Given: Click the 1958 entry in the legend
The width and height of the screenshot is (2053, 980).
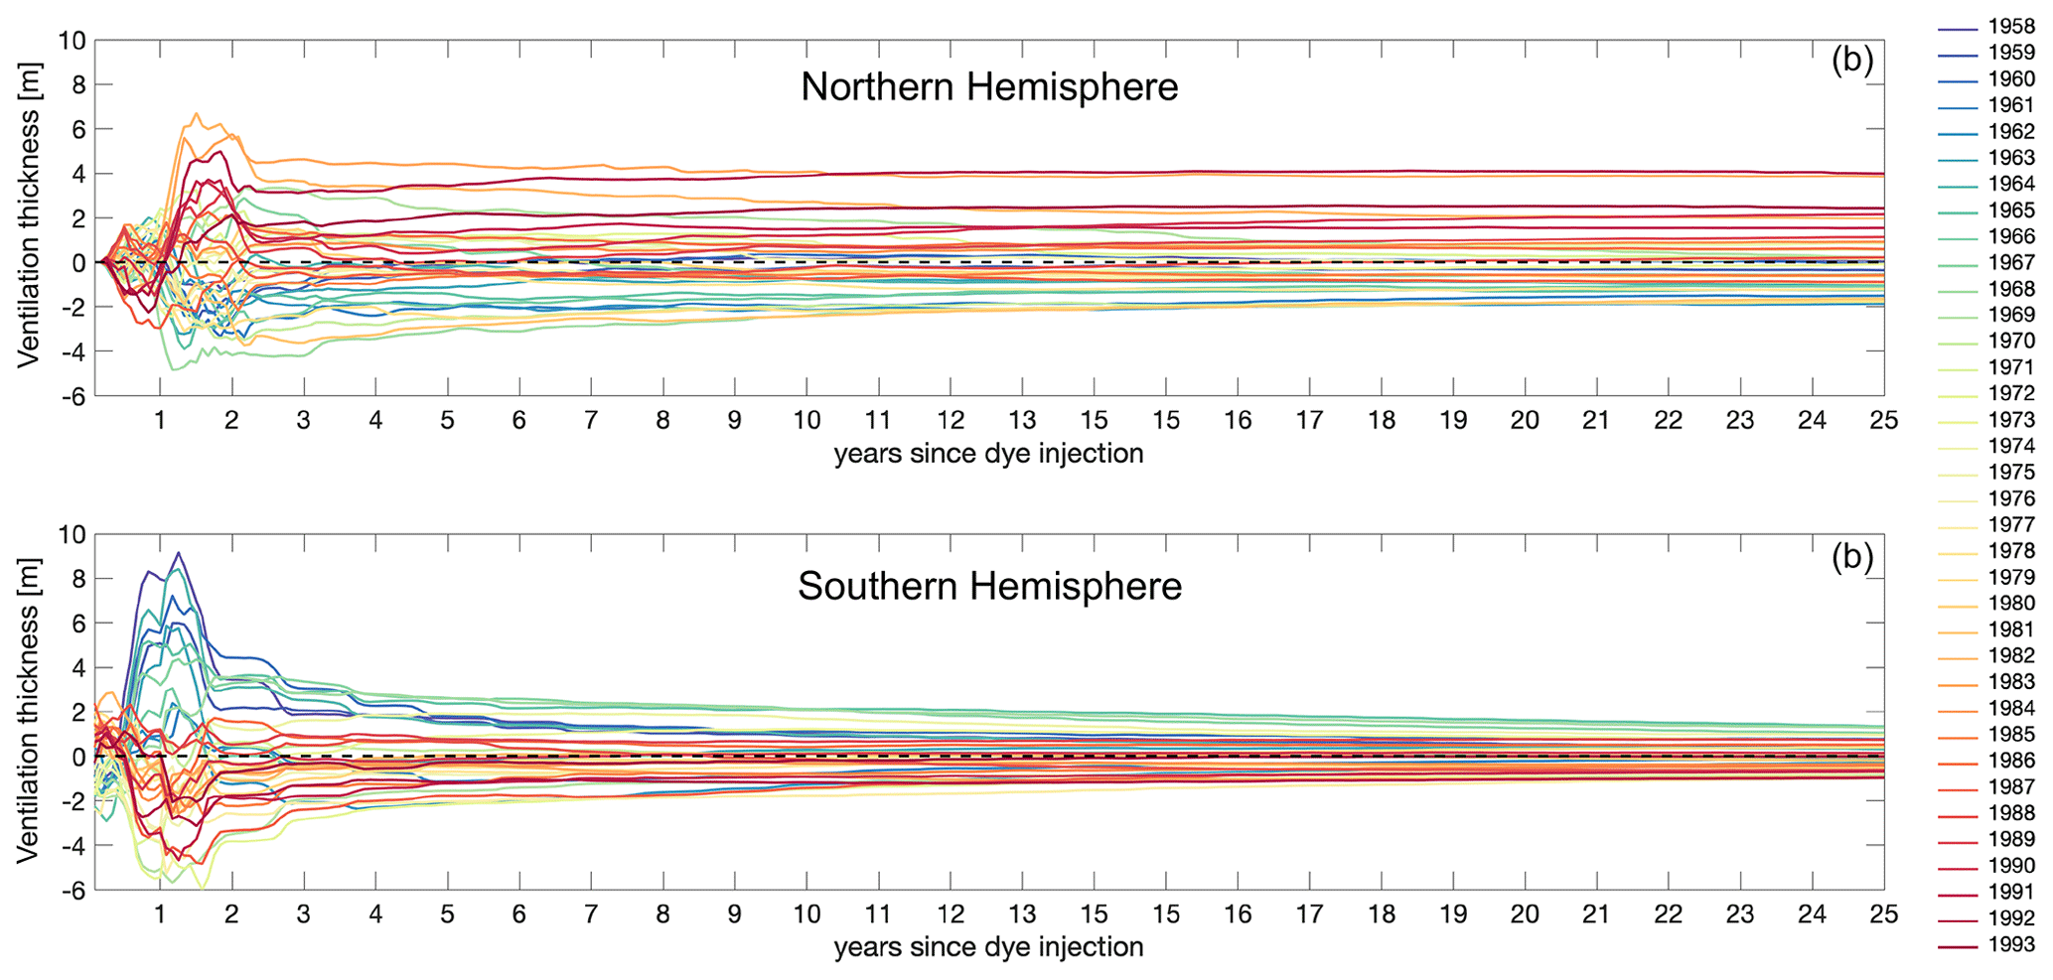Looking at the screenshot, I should tap(2010, 27).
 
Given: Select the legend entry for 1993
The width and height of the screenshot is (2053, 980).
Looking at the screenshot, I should tap(2010, 944).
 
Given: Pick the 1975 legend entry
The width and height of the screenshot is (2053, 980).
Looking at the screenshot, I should tap(2010, 473).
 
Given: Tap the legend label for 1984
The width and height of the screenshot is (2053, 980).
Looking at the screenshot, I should tap(2010, 708).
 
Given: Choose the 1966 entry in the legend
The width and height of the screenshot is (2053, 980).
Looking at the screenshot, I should tap(2010, 236).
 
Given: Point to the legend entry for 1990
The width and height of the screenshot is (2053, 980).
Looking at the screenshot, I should tap(2010, 866).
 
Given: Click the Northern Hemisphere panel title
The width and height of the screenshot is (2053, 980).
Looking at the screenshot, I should tap(989, 87).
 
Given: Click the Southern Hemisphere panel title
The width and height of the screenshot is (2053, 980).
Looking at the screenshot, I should tap(989, 587).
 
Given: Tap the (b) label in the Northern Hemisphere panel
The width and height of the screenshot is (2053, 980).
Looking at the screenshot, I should tap(1851, 61).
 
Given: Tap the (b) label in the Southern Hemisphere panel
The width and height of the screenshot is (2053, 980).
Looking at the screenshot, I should tap(1851, 557).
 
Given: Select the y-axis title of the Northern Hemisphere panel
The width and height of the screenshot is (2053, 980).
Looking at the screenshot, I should tap(29, 237).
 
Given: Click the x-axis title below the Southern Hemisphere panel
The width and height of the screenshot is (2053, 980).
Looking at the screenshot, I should tap(988, 947).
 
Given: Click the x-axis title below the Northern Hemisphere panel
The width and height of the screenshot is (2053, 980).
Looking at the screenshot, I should tap(988, 454).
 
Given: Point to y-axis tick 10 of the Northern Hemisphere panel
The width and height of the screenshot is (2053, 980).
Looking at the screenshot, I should tap(72, 42).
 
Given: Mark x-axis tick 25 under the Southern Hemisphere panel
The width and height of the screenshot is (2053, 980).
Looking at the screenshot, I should tap(1883, 914).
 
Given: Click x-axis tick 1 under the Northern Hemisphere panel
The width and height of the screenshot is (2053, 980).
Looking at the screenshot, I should tap(160, 421).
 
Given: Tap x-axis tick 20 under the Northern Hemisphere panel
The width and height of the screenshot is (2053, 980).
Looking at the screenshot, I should tap(1525, 421).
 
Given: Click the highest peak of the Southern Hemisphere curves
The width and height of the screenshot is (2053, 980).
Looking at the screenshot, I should tap(178, 553).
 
